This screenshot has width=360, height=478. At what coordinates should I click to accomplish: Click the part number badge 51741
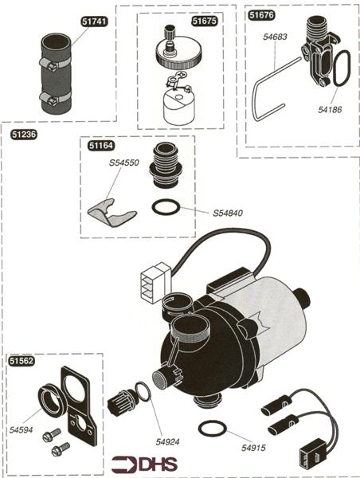click(95, 22)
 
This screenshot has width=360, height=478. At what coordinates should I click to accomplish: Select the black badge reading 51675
click(205, 21)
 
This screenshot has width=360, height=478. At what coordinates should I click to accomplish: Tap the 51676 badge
click(261, 15)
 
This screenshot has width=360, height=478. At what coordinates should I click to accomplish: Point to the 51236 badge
click(24, 134)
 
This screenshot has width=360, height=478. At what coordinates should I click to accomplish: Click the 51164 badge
click(101, 146)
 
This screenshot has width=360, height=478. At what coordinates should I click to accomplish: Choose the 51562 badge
click(22, 361)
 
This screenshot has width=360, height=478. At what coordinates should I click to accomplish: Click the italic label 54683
click(275, 37)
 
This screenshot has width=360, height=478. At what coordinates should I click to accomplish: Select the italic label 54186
click(330, 109)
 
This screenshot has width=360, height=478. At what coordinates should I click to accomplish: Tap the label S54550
click(124, 163)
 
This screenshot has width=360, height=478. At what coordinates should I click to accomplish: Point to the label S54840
click(228, 213)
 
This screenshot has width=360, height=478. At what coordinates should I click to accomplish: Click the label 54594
click(21, 430)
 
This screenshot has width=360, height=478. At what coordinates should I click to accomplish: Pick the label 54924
click(167, 441)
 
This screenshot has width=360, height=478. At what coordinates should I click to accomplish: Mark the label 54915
click(253, 448)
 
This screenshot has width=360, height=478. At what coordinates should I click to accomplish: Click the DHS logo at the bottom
click(144, 464)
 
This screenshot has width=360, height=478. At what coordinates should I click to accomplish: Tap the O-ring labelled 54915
click(213, 429)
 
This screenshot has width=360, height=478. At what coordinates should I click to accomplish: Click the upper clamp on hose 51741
click(55, 63)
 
